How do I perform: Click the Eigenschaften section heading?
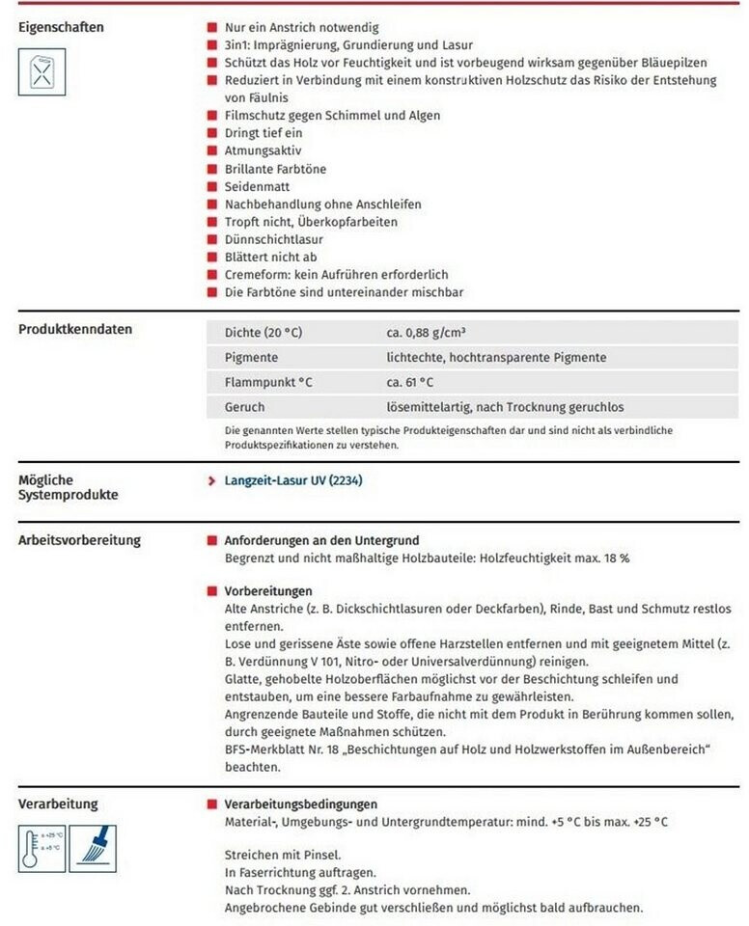61,27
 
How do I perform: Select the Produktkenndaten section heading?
75,329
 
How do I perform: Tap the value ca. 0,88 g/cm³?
426,333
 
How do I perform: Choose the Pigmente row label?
251,357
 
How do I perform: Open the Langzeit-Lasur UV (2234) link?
293,479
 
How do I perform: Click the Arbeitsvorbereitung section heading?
79,540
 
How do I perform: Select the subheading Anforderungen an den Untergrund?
321,541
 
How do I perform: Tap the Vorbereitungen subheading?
267,590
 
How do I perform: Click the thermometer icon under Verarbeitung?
42,847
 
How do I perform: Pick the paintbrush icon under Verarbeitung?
93,847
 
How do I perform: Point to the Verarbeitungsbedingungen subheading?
300,803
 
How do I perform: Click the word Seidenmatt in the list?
257,186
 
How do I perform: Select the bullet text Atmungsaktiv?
264,151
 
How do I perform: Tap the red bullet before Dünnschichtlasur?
211,239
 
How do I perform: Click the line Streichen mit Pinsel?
282,855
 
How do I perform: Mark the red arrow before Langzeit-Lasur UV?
211,480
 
